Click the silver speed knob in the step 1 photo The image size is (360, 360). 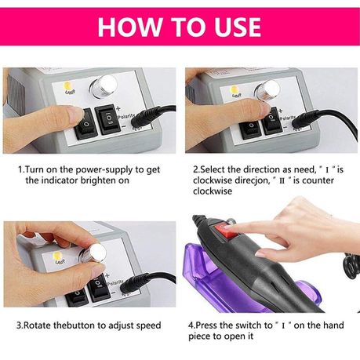click(103, 86)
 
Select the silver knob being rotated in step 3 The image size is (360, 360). click(95, 253)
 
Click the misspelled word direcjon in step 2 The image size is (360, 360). click(252, 180)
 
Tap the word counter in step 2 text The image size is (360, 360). click(318, 180)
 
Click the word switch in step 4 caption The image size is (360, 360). click(249, 325)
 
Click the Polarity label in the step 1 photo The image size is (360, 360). click(127, 116)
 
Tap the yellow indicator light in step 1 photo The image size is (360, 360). click(67, 85)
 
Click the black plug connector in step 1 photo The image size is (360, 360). click(144, 117)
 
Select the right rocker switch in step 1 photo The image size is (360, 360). click(107, 120)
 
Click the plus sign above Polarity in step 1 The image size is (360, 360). click(118, 108)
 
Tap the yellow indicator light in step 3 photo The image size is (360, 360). click(57, 256)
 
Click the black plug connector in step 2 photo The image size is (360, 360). click(306, 120)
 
